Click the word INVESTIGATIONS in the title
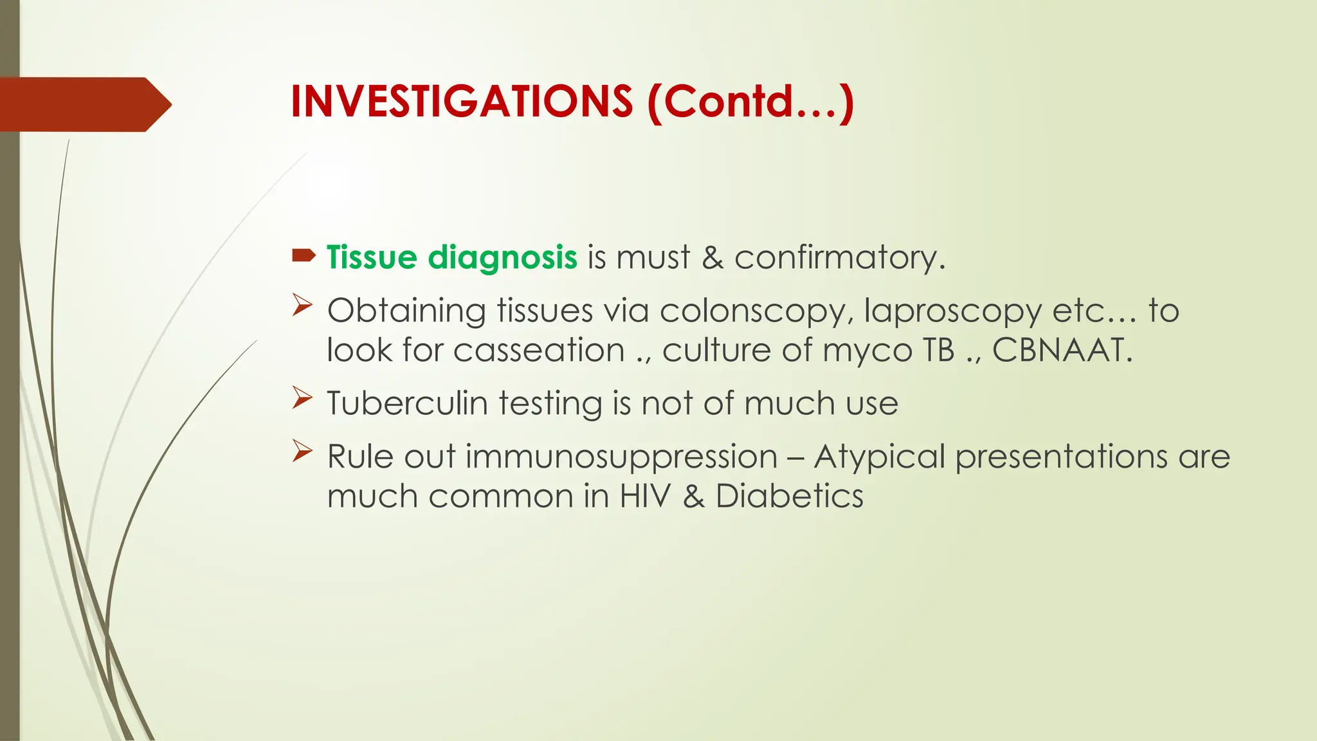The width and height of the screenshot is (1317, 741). click(x=461, y=102)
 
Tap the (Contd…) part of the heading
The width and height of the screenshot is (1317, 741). click(x=750, y=102)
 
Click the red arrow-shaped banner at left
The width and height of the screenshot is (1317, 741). click(x=84, y=104)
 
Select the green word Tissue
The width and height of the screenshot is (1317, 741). click(x=372, y=257)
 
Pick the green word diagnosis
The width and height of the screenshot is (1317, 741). click(x=502, y=257)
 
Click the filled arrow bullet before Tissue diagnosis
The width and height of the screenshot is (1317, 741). click(x=304, y=256)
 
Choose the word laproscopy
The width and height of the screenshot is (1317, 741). click(x=952, y=311)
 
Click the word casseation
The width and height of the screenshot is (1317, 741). click(x=539, y=351)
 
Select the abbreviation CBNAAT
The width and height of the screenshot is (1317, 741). click(x=1061, y=351)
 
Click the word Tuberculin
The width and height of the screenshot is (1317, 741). click(x=407, y=404)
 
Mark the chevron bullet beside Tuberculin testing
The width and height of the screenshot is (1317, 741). click(x=302, y=398)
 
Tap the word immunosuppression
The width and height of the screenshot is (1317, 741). click(x=621, y=457)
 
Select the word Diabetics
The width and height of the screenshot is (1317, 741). click(x=789, y=497)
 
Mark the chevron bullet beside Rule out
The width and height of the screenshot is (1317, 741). click(x=302, y=451)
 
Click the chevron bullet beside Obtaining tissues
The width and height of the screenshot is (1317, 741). click(x=302, y=305)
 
